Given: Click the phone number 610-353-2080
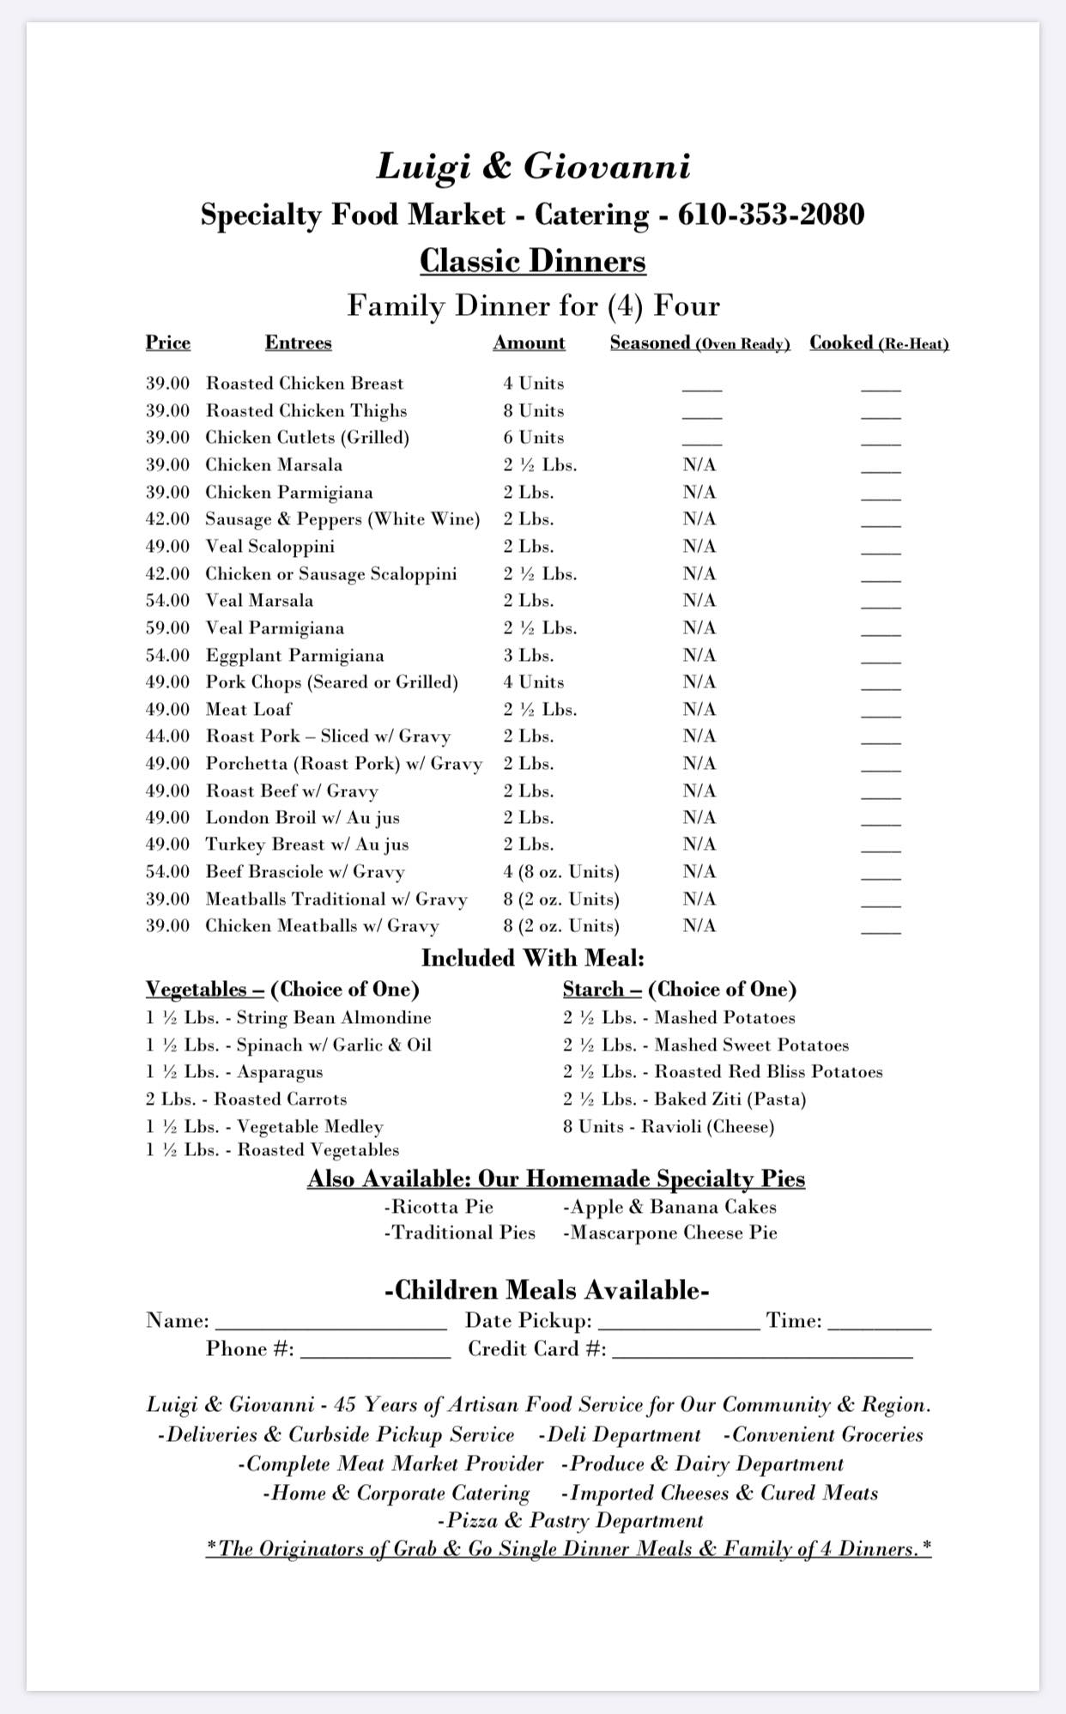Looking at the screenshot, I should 771,215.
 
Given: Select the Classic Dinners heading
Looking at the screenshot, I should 532,261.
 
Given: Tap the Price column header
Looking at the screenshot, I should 168,342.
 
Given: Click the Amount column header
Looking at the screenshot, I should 529,342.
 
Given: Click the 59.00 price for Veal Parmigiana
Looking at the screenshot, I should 167,628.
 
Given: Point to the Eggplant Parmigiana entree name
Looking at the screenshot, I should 294,656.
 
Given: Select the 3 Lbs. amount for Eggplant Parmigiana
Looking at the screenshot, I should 528,656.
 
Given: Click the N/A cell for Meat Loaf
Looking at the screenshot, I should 700,710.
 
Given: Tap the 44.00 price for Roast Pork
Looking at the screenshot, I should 167,736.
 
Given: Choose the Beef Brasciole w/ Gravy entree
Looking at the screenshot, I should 305,872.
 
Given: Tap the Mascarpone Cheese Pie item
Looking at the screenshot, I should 669,1233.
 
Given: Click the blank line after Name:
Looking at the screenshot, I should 330,1323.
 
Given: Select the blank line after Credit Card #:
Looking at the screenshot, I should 762,1351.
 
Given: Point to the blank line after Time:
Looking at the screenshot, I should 879,1323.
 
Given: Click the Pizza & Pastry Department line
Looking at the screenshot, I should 570,1521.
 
